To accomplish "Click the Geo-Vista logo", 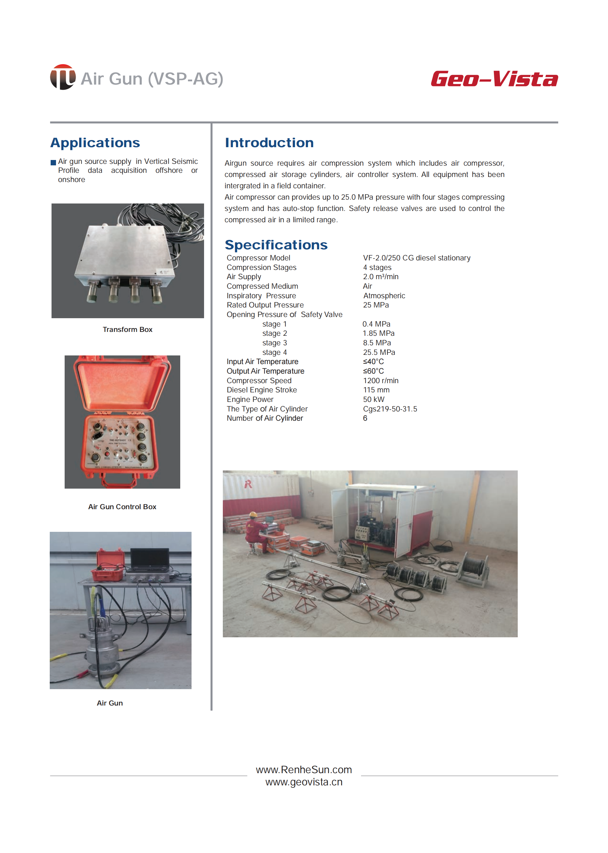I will (x=494, y=79).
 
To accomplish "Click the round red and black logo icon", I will (x=63, y=77).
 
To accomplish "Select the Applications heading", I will (x=95, y=143).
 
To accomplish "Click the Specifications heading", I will (x=276, y=245).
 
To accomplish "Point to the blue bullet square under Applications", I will (x=53, y=162).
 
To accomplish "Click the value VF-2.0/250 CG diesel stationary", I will (x=416, y=258).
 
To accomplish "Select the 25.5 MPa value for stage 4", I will (x=379, y=352).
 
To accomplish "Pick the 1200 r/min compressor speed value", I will (x=380, y=380).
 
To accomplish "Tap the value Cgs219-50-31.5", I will (x=390, y=409).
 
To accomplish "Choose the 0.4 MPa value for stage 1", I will (x=376, y=324).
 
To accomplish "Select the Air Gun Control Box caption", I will (x=122, y=506).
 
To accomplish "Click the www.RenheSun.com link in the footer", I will (x=304, y=770).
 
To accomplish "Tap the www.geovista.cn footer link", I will (x=304, y=782).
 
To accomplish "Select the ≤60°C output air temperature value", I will (x=373, y=371).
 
